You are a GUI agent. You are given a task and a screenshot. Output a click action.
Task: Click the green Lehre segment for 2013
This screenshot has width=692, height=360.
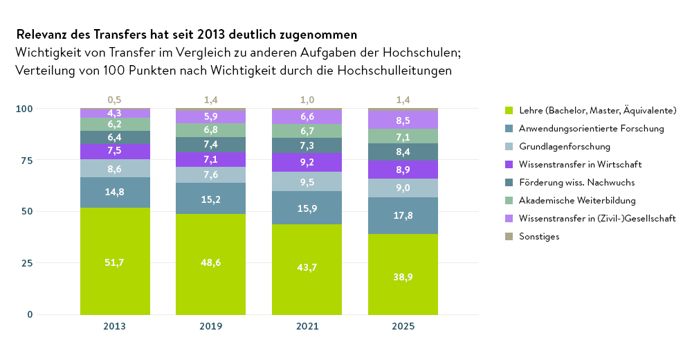tap(115, 277)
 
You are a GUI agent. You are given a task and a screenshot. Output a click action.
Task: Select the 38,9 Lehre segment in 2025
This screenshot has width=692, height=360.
tap(403, 291)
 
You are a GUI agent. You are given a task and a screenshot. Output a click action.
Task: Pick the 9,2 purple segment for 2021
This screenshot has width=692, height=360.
tap(307, 162)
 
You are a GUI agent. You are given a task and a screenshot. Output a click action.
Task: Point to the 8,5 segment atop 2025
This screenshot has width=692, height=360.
tap(403, 120)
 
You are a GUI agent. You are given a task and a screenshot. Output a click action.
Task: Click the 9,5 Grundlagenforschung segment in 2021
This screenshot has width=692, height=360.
tap(307, 181)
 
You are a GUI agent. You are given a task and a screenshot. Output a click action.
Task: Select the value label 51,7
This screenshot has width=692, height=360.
tap(115, 262)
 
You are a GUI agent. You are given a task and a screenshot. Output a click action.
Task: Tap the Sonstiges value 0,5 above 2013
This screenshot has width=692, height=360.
tap(115, 100)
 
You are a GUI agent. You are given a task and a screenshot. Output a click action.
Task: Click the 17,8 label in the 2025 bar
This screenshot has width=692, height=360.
tap(403, 215)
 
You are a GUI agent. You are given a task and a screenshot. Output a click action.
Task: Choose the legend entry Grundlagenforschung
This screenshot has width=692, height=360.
tap(564, 147)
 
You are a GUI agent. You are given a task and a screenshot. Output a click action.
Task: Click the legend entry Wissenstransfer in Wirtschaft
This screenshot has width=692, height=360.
tap(580, 165)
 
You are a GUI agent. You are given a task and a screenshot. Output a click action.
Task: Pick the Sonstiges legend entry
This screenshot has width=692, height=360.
tap(538, 237)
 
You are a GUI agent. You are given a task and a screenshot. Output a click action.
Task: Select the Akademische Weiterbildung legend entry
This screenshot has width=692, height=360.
tap(587, 201)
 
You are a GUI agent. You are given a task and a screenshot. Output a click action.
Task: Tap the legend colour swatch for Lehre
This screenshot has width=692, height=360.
tap(509, 111)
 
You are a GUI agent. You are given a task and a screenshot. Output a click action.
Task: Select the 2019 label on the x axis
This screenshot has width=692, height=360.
tap(210, 326)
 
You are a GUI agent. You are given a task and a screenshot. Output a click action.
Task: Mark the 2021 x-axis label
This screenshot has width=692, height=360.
tap(307, 326)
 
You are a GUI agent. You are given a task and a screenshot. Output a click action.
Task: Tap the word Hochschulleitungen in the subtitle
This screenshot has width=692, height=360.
tap(390, 70)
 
